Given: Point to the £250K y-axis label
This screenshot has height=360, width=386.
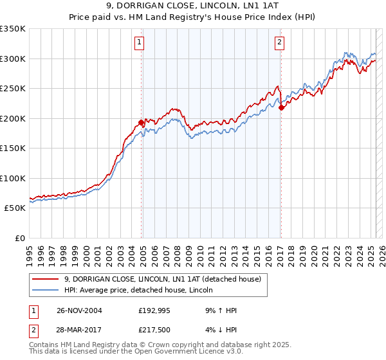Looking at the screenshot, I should pyautogui.click(x=13, y=89).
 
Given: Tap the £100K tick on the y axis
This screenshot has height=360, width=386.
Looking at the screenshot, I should pyautogui.click(x=13, y=178).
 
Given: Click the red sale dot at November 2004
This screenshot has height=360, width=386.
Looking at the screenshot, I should pyautogui.click(x=141, y=123).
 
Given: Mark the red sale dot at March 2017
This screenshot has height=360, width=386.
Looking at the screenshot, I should pyautogui.click(x=281, y=108).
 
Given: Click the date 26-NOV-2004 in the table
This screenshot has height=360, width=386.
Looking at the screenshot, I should pyautogui.click(x=80, y=310).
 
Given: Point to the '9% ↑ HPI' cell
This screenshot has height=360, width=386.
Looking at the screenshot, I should pyautogui.click(x=220, y=310).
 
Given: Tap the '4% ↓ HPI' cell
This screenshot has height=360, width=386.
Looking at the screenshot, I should pyautogui.click(x=220, y=331).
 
